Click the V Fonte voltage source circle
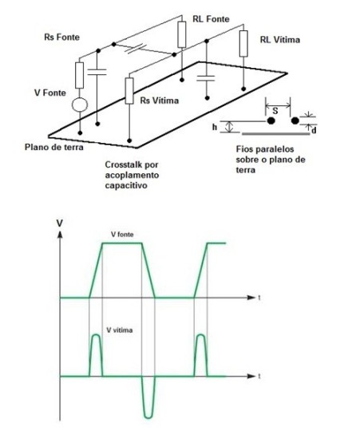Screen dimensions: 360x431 point(80,105)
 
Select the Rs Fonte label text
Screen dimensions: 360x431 point(61,37)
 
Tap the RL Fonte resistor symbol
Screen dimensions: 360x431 point(182,34)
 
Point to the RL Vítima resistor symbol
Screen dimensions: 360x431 point(243,44)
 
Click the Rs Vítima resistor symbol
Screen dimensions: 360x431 point(129,91)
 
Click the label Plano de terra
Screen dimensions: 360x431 point(54,147)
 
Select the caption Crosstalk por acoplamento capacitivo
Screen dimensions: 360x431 point(132,175)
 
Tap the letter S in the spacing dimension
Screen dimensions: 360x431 point(275,111)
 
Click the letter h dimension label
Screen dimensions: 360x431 point(215,127)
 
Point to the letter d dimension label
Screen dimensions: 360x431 point(314,130)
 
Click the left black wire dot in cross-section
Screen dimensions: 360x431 point(271,121)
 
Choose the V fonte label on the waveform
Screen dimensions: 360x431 point(122,235)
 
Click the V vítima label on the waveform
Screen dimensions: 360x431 point(120,330)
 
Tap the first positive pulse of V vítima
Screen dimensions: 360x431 point(96,355)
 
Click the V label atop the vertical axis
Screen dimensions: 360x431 point(59,223)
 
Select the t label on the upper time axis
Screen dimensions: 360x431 point(259,298)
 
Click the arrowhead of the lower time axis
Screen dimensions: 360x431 point(251,376)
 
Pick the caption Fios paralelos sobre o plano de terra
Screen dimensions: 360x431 point(271,160)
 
